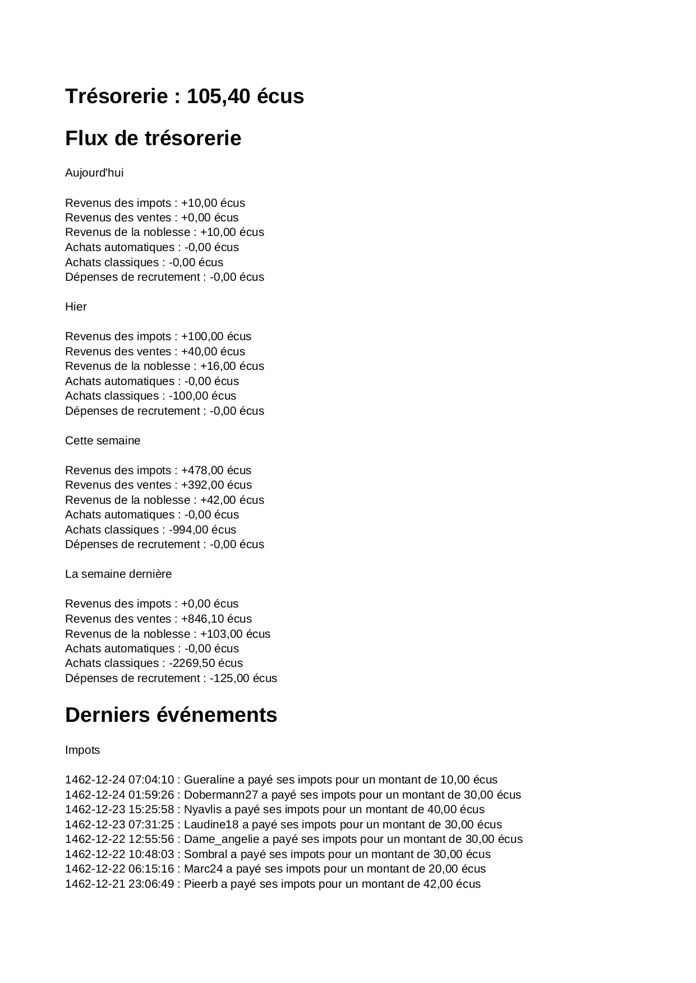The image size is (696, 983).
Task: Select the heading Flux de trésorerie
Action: coord(153,138)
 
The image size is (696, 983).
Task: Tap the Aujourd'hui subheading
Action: coord(94,173)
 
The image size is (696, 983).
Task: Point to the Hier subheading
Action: coord(76,307)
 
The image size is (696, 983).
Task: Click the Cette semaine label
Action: coord(103,441)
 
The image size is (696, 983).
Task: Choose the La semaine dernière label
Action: coord(118,574)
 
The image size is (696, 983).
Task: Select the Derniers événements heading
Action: coord(171,715)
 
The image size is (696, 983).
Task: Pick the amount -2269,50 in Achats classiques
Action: coord(192,663)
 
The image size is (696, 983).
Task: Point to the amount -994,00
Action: coord(188,530)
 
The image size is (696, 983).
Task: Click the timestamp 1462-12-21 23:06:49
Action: coord(119,884)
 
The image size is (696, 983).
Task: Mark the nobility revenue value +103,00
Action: coord(221,634)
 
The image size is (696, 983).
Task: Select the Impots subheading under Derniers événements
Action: coord(82,750)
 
